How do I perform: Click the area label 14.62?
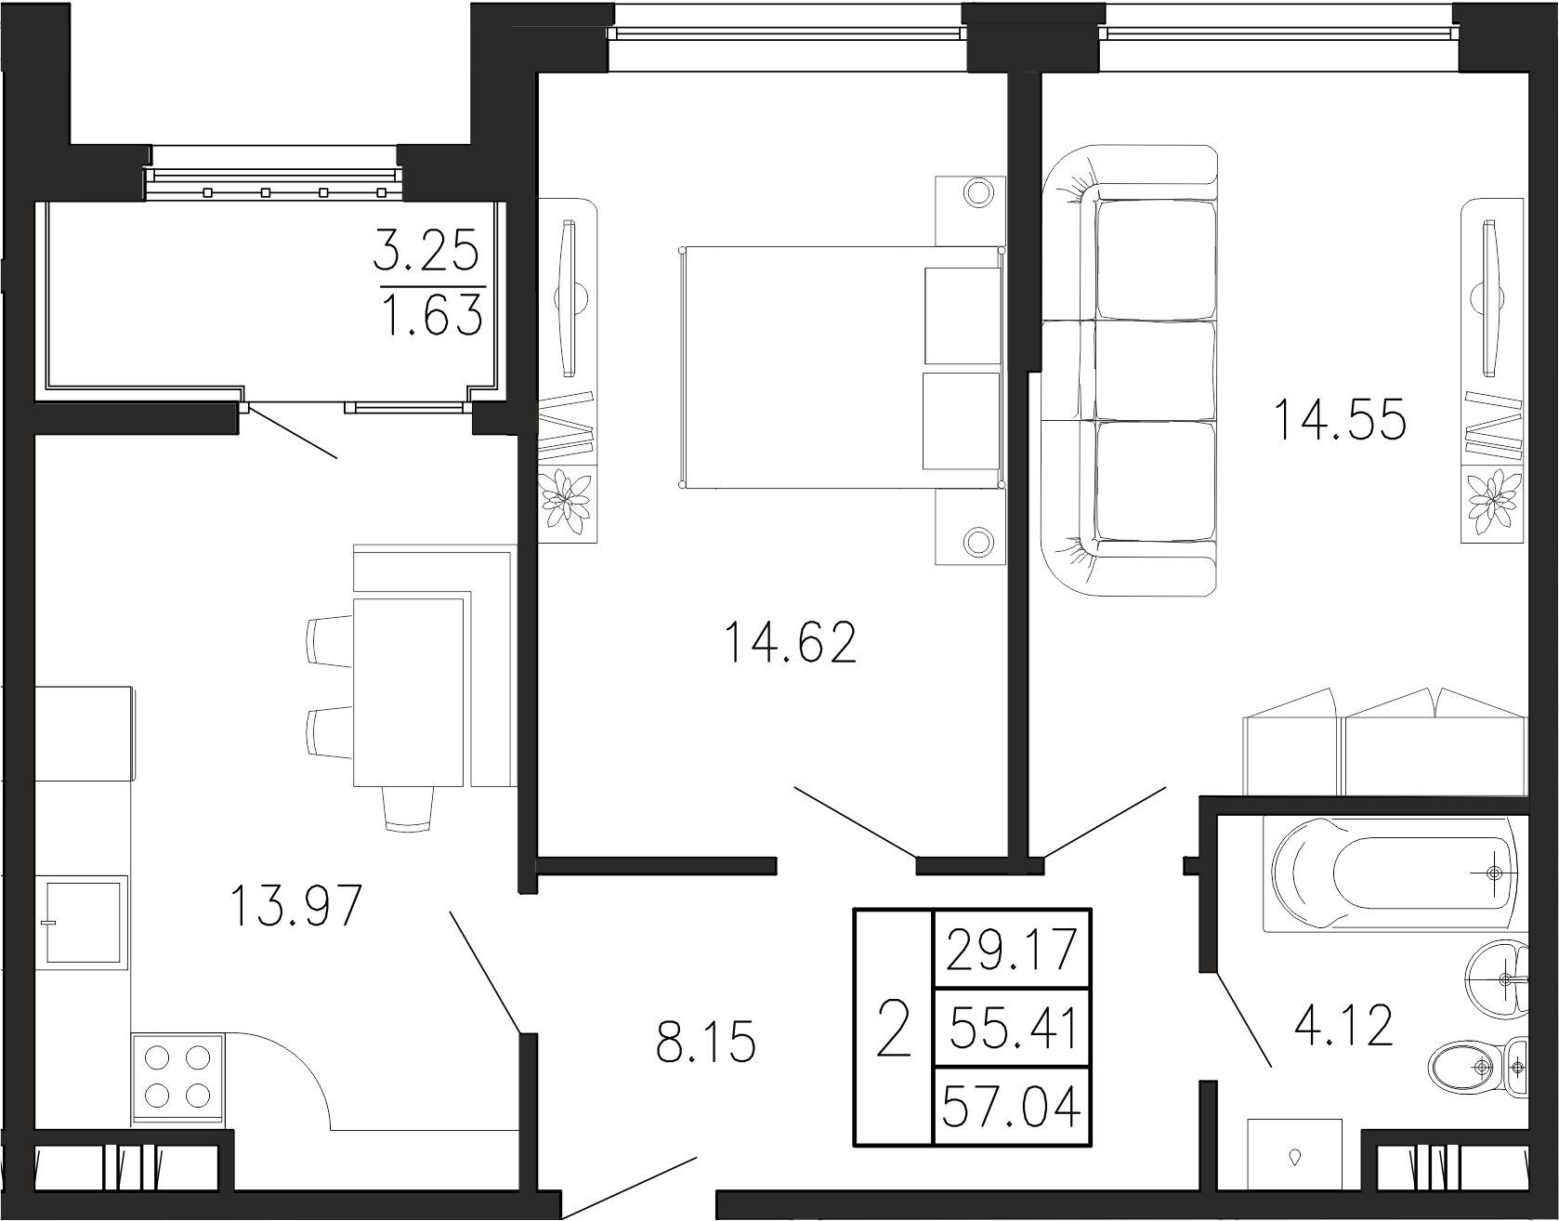coord(790,643)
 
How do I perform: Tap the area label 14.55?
coord(1340,419)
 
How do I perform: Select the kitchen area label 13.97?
coord(295,906)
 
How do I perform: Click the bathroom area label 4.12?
coord(1344,1027)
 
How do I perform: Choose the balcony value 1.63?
coord(433,313)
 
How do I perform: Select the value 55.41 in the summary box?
coord(1011,1029)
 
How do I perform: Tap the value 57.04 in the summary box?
coord(1011,1107)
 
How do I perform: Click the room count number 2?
coord(893,1029)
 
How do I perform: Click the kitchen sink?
coord(82,923)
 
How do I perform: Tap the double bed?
coord(842,368)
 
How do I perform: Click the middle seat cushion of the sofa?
coord(1156,370)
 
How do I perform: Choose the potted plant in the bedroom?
coord(568,500)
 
